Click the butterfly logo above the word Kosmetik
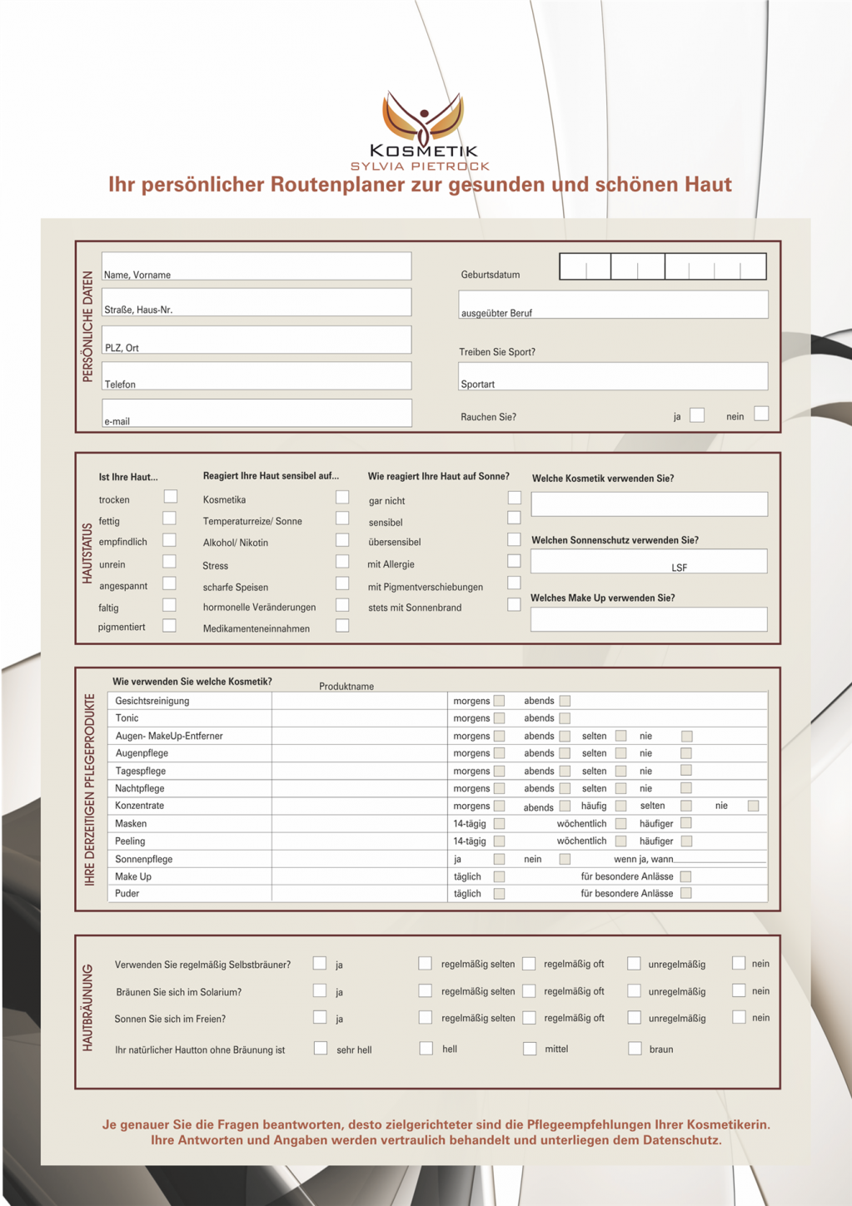click(423, 117)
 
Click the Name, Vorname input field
click(257, 266)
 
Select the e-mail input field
click(257, 413)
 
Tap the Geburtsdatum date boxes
click(662, 266)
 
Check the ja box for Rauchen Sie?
click(697, 414)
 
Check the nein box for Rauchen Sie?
click(761, 414)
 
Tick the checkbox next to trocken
click(171, 497)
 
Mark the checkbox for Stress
click(342, 562)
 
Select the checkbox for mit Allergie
click(514, 561)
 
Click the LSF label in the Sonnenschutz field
click(680, 568)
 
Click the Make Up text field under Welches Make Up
click(649, 618)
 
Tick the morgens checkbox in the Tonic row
click(500, 718)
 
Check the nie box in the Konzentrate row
click(753, 806)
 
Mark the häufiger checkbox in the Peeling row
click(686, 841)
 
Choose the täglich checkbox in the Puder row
click(500, 894)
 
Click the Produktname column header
click(346, 687)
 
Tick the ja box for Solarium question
click(320, 990)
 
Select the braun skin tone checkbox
click(635, 1049)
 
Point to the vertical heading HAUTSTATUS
click(87, 553)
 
